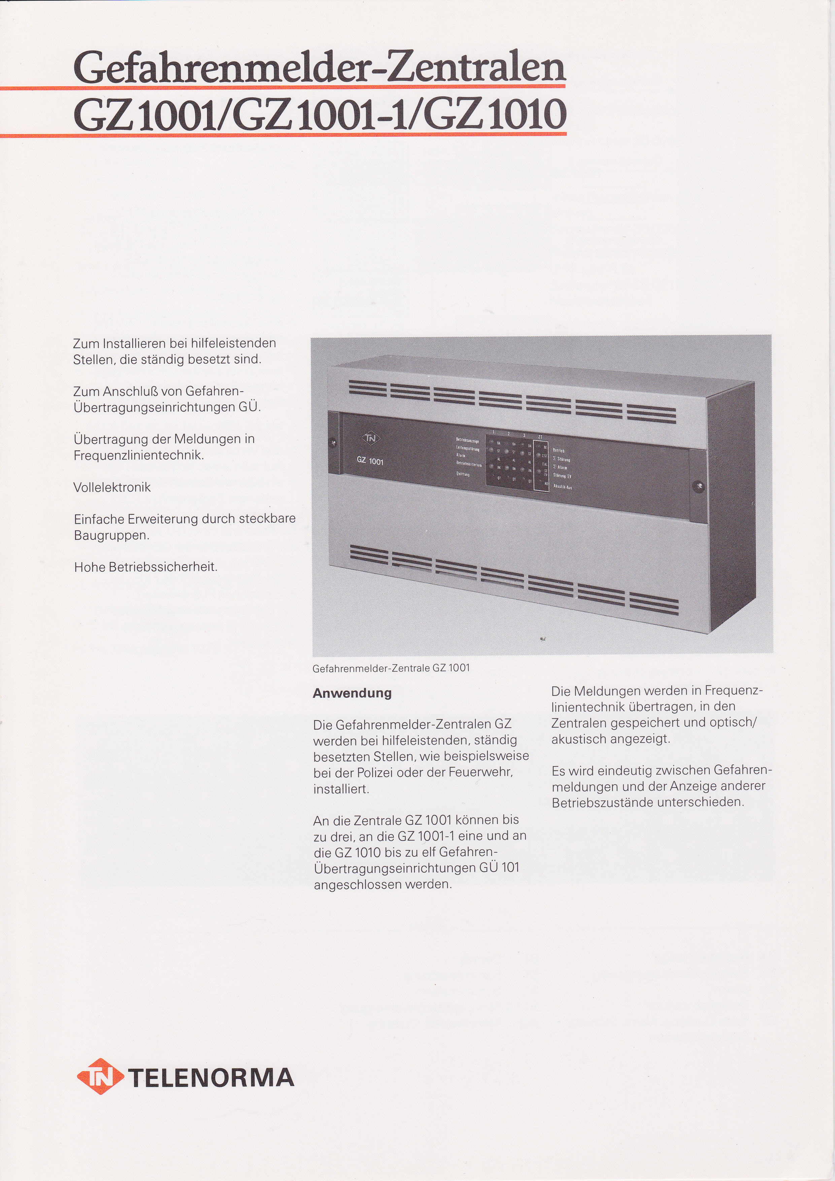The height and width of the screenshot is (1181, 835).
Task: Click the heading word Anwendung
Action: pos(352,693)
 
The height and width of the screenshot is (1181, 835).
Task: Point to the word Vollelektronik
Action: pos(112,487)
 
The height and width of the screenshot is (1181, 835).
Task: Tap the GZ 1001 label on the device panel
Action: pos(370,461)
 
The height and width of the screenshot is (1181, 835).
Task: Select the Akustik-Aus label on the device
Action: pos(563,487)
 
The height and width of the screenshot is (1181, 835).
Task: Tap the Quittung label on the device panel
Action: pos(463,474)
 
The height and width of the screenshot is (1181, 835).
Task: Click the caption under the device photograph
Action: pos(391,668)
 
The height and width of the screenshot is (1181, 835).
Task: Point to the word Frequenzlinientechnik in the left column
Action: pos(138,455)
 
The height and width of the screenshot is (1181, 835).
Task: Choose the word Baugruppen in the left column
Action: pos(111,535)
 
